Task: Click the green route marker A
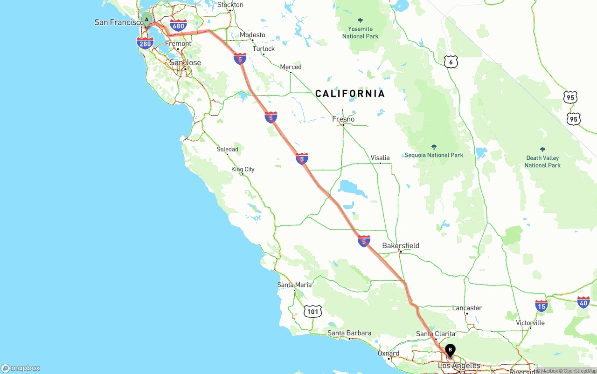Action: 147,20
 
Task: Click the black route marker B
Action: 450,349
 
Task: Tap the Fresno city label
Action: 343,119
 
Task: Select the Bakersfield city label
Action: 401,245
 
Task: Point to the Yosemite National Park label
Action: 360,32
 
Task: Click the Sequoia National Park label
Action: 434,155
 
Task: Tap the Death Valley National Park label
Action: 542,161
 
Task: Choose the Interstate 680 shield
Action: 178,26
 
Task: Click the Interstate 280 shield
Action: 145,43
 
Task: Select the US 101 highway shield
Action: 312,311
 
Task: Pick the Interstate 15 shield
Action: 541,306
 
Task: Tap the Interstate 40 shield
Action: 583,302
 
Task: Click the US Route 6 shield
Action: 451,61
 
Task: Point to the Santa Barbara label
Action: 349,333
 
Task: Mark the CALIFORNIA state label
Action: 350,94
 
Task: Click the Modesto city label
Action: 252,35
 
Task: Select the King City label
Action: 243,169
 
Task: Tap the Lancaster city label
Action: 467,308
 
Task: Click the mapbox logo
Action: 21,368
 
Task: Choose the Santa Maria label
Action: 294,285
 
